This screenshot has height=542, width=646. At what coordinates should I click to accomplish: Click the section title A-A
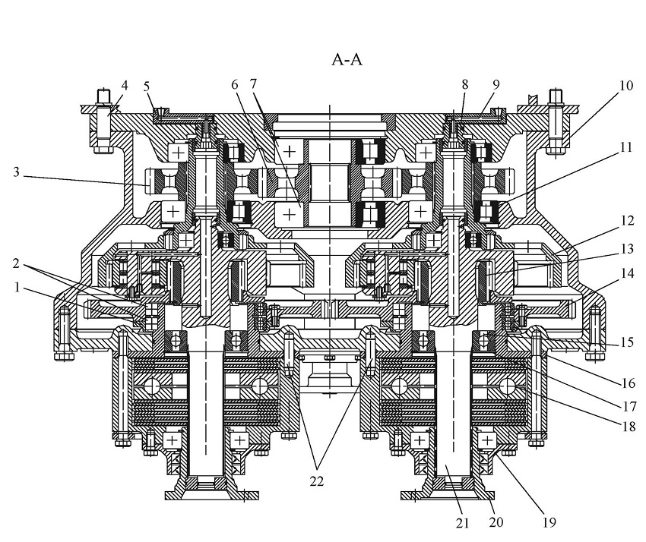(x=347, y=60)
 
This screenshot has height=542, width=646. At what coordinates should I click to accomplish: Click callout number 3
(x=16, y=172)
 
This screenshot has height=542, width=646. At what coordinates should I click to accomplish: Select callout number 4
(x=124, y=86)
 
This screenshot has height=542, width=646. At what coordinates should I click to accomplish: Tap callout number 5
(x=146, y=87)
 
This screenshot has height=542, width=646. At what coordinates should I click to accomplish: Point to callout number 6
(x=234, y=85)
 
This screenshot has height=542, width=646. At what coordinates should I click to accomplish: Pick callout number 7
(x=253, y=84)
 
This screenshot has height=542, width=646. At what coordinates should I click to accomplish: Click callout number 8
(x=464, y=85)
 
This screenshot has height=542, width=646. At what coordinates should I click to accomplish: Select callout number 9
(x=496, y=85)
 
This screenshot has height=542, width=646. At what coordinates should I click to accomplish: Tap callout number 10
(x=625, y=86)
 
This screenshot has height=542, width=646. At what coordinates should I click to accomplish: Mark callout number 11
(x=625, y=147)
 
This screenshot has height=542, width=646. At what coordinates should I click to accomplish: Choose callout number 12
(x=627, y=221)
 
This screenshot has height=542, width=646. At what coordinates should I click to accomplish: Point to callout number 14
(x=627, y=273)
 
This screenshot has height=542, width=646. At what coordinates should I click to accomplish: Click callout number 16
(x=628, y=383)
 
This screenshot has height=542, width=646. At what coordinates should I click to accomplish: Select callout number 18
(x=629, y=427)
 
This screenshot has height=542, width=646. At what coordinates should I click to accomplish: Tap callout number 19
(x=549, y=522)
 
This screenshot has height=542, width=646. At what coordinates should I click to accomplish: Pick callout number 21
(x=462, y=523)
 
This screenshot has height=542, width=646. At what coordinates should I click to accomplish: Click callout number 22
(x=316, y=481)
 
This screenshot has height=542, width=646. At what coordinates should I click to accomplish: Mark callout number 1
(x=17, y=287)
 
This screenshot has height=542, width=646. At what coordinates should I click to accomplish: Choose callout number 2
(x=16, y=263)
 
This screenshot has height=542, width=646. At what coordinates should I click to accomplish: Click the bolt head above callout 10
(x=556, y=96)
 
